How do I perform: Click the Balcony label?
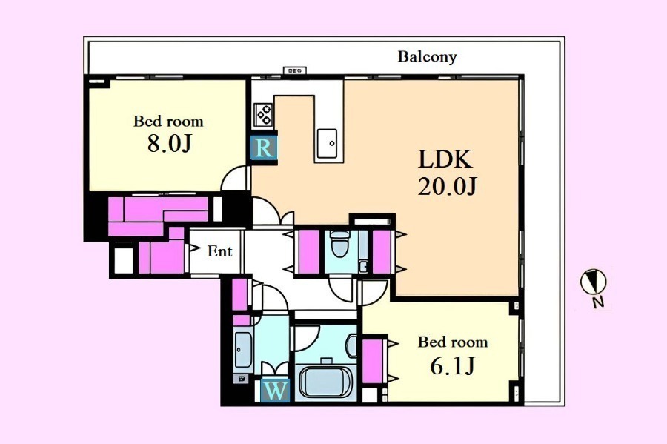pos(427,56)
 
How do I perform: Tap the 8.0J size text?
pos(169,143)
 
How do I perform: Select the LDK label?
pos(445,159)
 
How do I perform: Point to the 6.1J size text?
pos(452,365)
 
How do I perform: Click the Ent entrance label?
pos(219,251)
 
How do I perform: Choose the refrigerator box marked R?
pos(264,148)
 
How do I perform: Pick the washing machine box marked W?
pos(275,391)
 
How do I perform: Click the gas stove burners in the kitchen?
pos(263,114)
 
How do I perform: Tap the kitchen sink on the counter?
pos(327,143)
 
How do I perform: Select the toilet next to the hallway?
pos(339,244)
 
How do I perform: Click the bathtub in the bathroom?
pos(326,382)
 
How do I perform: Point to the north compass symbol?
pos(594,282)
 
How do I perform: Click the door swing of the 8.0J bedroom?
pos(234,178)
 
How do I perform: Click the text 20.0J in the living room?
pos(447,186)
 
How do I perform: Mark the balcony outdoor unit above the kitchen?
pos(295,70)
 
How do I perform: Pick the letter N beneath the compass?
pos(599,302)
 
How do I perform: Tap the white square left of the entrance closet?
pos(124,260)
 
